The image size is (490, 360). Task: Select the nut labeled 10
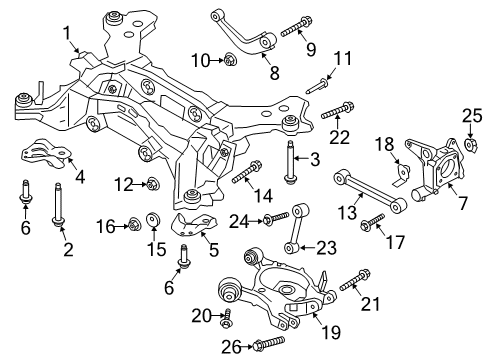(x=231, y=62)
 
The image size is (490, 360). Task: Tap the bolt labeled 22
(x=336, y=109)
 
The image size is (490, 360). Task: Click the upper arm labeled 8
(x=245, y=31)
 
